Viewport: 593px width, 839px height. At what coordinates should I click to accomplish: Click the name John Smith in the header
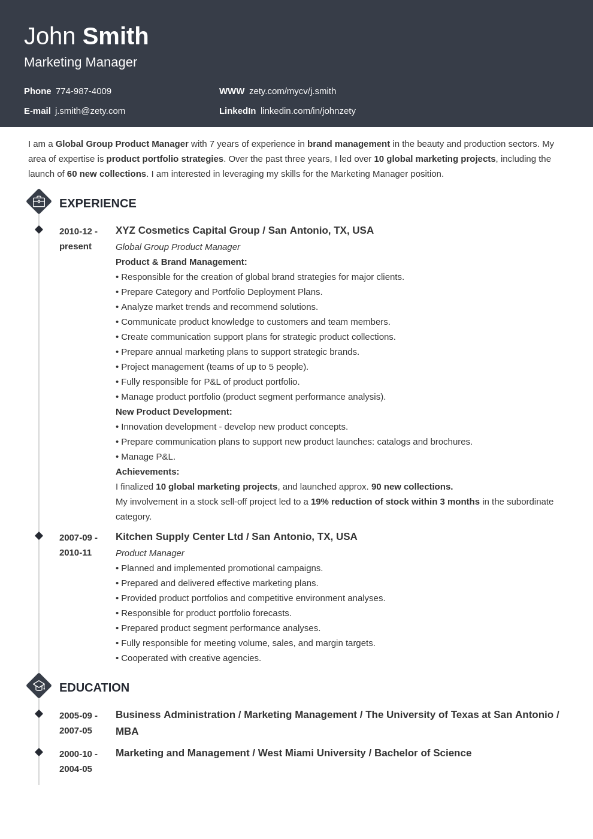pyautogui.click(x=86, y=37)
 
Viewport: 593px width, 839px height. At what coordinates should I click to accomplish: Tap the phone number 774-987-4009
pyautogui.click(x=83, y=91)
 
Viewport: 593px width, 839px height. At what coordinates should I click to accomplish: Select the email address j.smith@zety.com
pyautogui.click(x=90, y=111)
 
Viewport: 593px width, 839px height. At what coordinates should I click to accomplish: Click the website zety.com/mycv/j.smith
pyautogui.click(x=292, y=91)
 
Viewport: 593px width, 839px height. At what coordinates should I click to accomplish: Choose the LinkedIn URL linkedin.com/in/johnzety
pyautogui.click(x=308, y=111)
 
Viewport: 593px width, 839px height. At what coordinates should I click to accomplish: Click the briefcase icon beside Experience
pyautogui.click(x=39, y=202)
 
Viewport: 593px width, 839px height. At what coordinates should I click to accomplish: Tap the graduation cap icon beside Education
pyautogui.click(x=39, y=686)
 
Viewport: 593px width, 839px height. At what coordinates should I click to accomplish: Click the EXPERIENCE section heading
pyautogui.click(x=98, y=203)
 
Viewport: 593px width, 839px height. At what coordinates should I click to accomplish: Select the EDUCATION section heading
pyautogui.click(x=94, y=687)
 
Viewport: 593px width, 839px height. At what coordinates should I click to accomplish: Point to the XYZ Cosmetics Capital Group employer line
pyautogui.click(x=244, y=231)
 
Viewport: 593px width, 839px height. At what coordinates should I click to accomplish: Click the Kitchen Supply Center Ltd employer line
pyautogui.click(x=236, y=537)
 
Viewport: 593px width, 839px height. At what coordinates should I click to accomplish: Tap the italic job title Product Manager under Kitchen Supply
pyautogui.click(x=150, y=553)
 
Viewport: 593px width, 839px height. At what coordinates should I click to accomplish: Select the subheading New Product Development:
pyautogui.click(x=174, y=412)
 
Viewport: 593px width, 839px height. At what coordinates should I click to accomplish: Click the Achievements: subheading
pyautogui.click(x=147, y=472)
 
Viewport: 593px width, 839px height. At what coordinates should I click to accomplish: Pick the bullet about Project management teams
pyautogui.click(x=213, y=367)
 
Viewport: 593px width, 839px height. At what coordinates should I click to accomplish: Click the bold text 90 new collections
pyautogui.click(x=412, y=487)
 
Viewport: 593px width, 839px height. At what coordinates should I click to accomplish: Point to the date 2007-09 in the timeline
pyautogui.click(x=78, y=538)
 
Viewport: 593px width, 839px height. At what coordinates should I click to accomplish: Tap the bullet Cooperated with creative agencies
pyautogui.click(x=189, y=658)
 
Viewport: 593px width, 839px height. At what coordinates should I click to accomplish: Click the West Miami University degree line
pyautogui.click(x=294, y=753)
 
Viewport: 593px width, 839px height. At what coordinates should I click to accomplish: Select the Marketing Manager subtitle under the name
pyautogui.click(x=80, y=62)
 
